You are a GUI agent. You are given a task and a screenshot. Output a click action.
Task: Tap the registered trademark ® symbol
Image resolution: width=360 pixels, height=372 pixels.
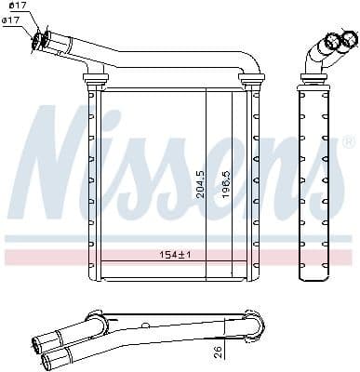[348, 142]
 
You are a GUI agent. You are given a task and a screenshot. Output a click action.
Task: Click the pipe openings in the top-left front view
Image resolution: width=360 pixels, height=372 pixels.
[40, 39]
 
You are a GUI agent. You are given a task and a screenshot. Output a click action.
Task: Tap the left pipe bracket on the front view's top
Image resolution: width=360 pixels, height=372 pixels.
[91, 78]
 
